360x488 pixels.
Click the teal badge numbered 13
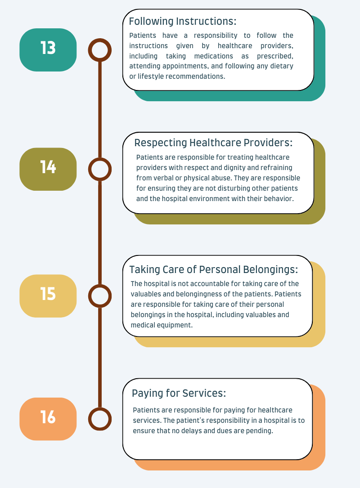[48, 50]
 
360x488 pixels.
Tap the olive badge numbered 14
[48, 169]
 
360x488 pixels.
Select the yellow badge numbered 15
[48, 296]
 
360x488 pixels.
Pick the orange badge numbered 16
[48, 419]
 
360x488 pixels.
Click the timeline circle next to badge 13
[99, 39]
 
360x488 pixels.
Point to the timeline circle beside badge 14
[99, 158]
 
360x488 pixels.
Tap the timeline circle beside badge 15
[99, 285]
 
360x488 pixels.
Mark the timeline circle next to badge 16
[99, 407]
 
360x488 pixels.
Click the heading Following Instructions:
[183, 22]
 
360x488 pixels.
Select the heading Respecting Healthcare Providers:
[213, 143]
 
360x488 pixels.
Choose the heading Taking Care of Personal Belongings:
[214, 269]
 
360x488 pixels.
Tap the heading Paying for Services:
[179, 394]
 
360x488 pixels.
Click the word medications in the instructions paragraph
[214, 56]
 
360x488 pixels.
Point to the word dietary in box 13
[282, 66]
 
